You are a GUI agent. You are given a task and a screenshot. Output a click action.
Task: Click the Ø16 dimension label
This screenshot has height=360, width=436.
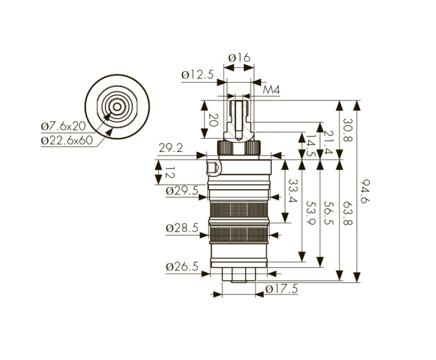[239, 58]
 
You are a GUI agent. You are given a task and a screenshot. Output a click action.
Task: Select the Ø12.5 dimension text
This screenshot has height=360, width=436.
[198, 74]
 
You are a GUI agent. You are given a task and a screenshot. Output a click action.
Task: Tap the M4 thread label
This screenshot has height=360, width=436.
[271, 90]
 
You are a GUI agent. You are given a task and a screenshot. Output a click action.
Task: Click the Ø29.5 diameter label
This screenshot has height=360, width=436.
[182, 191]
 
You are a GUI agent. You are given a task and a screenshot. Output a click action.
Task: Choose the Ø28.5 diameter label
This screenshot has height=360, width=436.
[182, 228]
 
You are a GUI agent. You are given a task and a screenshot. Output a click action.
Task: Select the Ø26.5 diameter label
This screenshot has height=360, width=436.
[182, 267]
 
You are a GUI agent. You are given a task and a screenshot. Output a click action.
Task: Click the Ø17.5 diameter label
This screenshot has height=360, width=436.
[282, 289]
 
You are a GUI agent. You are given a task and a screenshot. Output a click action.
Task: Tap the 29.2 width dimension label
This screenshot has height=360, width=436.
[171, 148]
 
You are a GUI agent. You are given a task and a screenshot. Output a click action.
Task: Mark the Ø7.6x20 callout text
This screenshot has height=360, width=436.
[64, 127]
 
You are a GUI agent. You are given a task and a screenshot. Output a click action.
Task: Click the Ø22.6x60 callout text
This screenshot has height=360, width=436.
[67, 140]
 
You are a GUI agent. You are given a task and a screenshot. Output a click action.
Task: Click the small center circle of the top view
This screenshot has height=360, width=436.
[117, 107]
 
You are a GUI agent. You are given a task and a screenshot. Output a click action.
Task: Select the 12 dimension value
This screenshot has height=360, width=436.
[170, 173]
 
